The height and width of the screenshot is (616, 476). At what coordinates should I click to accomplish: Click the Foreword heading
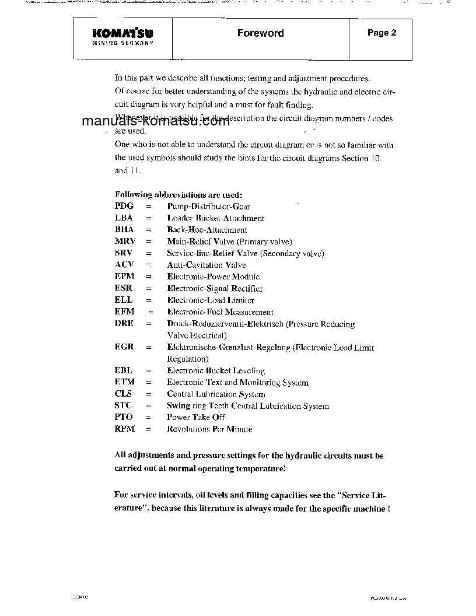click(x=260, y=33)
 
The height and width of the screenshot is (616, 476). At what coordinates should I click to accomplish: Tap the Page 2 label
click(x=381, y=33)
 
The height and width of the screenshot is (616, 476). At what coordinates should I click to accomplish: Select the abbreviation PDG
click(x=124, y=206)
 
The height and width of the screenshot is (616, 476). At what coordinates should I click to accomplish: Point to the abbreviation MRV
click(x=125, y=242)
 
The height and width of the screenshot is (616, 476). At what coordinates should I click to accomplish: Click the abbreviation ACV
click(x=125, y=265)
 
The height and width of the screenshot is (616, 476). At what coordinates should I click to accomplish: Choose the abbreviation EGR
click(x=124, y=347)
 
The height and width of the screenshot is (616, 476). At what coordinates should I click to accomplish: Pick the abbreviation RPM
click(x=125, y=429)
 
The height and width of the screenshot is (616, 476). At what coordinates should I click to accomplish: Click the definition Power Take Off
click(x=195, y=417)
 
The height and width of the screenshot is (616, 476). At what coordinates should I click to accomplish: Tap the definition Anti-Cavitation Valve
click(x=206, y=265)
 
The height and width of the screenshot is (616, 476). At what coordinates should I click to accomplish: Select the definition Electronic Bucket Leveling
click(x=216, y=370)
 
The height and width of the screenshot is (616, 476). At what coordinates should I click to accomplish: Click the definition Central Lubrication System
click(x=216, y=394)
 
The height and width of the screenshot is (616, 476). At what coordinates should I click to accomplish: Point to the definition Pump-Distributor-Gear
click(x=208, y=206)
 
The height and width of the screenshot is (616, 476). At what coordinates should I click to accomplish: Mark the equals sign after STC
click(x=148, y=405)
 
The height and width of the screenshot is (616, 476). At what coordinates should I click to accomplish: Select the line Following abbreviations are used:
click(x=178, y=195)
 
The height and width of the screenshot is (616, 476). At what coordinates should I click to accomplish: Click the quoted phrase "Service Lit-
click(x=361, y=495)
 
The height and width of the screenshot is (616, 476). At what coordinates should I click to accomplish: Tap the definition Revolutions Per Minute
click(x=209, y=429)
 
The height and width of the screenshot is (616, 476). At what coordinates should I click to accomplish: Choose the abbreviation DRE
click(x=124, y=324)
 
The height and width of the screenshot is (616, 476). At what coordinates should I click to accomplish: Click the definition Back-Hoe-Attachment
click(x=207, y=230)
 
